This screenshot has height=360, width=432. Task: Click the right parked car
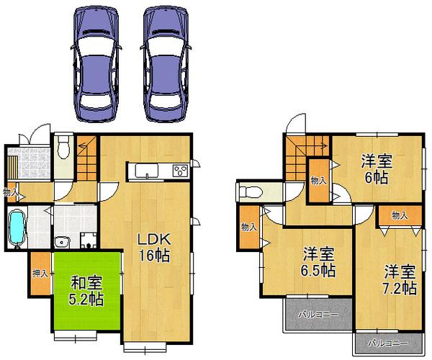point(167,63)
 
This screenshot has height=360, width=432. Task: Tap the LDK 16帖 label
point(153,246)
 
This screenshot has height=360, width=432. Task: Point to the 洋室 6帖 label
point(376,170)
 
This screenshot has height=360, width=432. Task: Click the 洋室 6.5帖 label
point(318,262)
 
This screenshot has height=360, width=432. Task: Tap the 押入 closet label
point(40,274)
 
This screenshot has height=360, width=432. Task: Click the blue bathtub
point(17,228)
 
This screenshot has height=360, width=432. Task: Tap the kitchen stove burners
point(179,171)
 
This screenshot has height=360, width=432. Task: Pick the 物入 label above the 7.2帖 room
point(400,215)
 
